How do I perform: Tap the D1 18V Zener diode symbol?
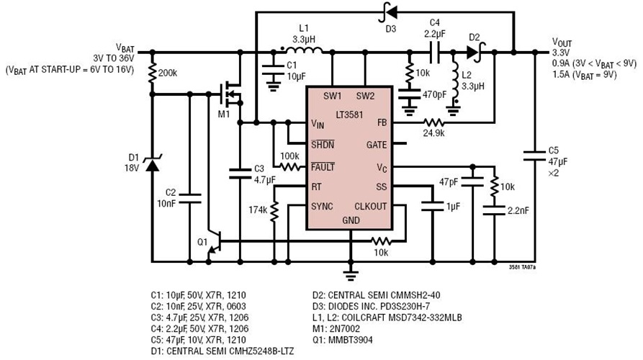pyautogui.click(x=152, y=164)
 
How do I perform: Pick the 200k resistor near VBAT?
pyautogui.click(x=152, y=73)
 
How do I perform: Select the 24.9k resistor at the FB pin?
pyautogui.click(x=433, y=123)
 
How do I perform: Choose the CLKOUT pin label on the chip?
pyautogui.click(x=372, y=207)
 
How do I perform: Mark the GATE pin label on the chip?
pyautogui.click(x=376, y=144)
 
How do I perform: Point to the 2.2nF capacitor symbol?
pyautogui.click(x=494, y=211)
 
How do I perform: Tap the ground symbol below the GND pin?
pyautogui.click(x=350, y=274)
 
